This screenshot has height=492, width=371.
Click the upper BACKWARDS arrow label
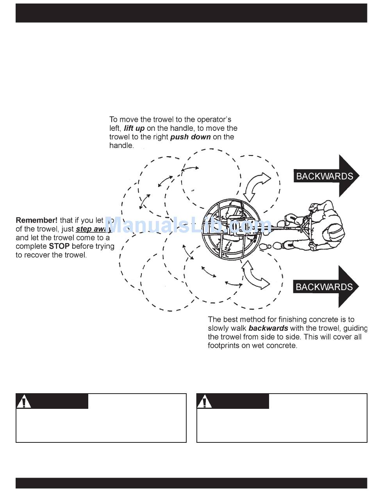[x=324, y=176]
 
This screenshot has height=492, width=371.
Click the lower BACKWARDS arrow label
[x=324, y=287]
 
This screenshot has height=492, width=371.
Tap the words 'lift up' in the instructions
[x=134, y=128]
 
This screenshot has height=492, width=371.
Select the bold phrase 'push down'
[x=191, y=137]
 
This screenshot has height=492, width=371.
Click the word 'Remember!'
[x=36, y=220]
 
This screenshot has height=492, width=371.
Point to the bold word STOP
[x=59, y=246]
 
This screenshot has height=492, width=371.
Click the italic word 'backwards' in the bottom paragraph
[x=268, y=328]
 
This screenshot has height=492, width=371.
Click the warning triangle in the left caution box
[x=24, y=402]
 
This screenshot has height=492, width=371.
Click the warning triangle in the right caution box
[x=205, y=402]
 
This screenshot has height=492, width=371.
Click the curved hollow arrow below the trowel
[x=255, y=275]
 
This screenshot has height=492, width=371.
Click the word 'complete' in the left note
[x=31, y=246]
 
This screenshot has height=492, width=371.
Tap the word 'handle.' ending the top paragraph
[x=121, y=146]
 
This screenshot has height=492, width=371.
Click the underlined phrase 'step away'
[x=93, y=229]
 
